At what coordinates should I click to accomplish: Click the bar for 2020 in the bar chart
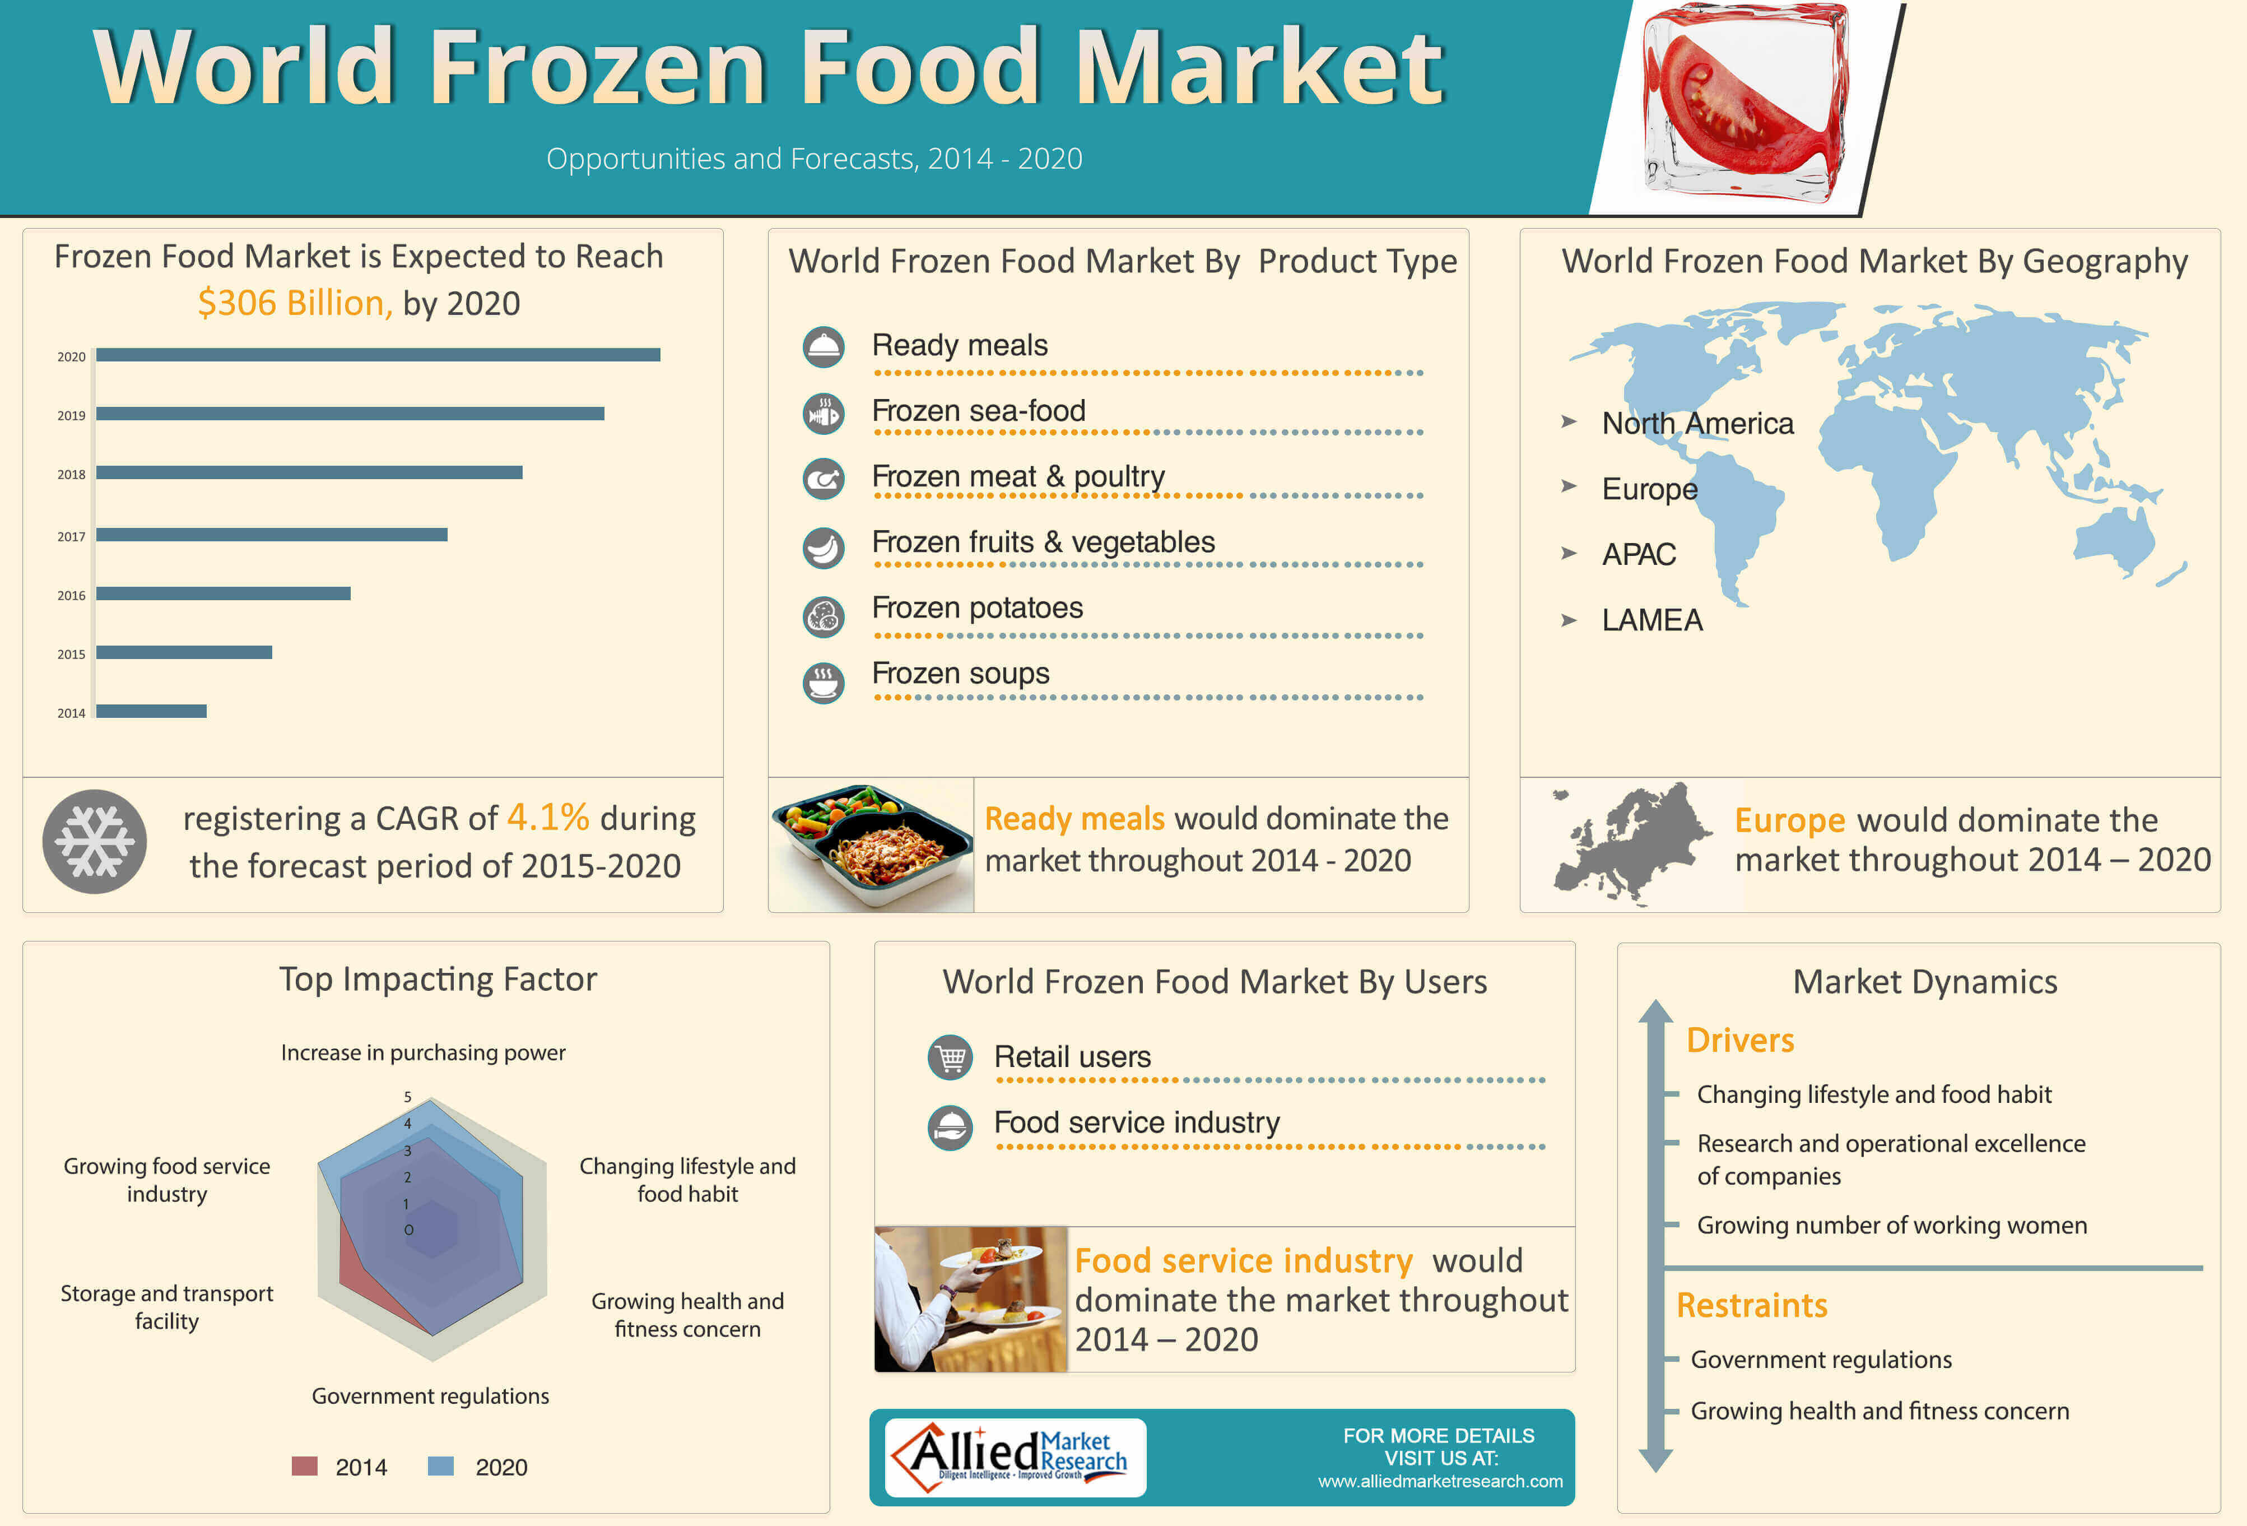point(378,355)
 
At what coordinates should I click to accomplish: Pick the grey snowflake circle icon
point(95,841)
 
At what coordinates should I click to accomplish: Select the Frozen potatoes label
point(978,607)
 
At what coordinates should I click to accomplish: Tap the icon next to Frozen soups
point(824,682)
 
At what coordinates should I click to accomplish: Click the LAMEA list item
point(1653,620)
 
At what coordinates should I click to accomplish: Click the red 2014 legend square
point(305,1466)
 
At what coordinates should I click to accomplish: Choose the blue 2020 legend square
point(441,1466)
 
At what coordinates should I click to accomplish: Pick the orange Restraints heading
point(1752,1306)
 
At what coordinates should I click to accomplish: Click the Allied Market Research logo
point(1015,1457)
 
